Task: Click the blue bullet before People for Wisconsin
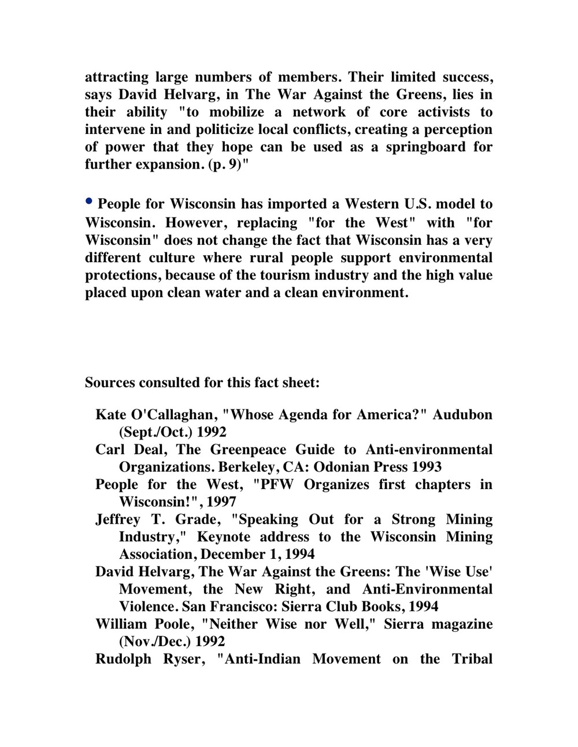click(89, 201)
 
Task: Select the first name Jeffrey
click(118, 520)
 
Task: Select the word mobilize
click(236, 112)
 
